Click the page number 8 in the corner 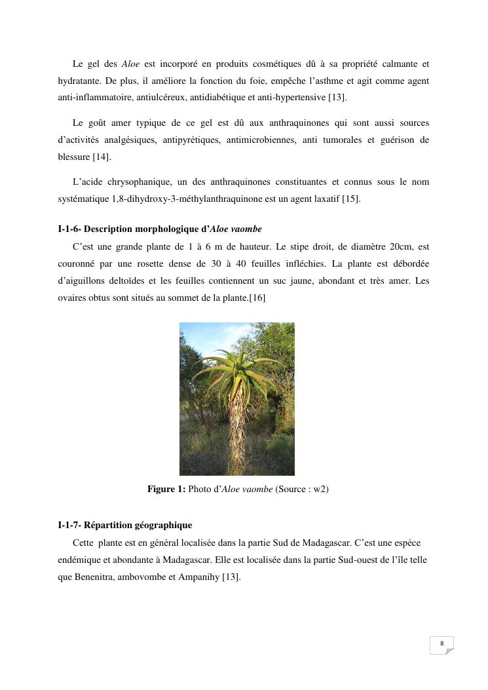pos(442,643)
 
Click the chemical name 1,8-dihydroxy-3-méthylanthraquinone pos(174,199)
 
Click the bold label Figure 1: pos(166,489)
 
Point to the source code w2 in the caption pos(318,489)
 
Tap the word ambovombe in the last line pos(137,577)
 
